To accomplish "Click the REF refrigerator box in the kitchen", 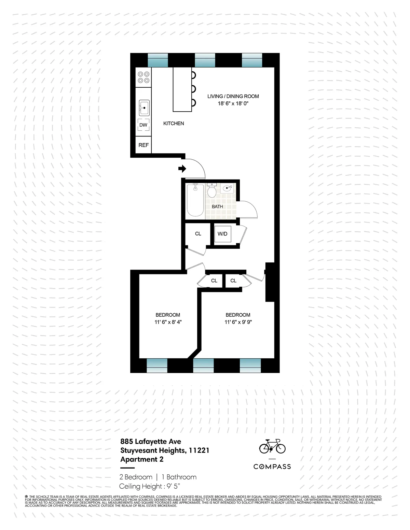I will tap(143, 145).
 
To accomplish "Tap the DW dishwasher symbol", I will tap(143, 125).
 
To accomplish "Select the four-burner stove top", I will tap(143, 77).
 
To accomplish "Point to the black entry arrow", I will tap(182, 168).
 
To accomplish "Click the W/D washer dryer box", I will tap(222, 234).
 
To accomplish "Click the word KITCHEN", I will tap(174, 124).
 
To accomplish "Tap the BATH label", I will tap(217, 206).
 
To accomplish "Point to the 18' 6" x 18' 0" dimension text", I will tap(233, 103).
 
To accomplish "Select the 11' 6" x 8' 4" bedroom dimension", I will tap(168, 322).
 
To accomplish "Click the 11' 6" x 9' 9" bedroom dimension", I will tap(238, 322).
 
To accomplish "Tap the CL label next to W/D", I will tap(198, 234).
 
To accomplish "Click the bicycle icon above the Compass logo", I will tap(272, 446).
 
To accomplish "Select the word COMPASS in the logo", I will tap(272, 467).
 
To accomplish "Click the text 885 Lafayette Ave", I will tap(151, 441).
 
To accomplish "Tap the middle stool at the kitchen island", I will tap(193, 89).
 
